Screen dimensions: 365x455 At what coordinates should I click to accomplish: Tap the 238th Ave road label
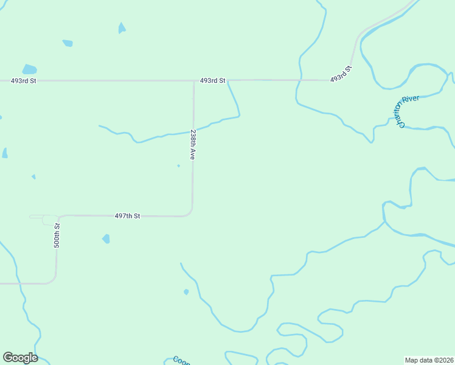point(193,144)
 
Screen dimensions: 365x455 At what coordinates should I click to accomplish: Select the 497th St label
point(128,216)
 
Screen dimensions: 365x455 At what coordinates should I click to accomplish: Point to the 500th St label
point(57,235)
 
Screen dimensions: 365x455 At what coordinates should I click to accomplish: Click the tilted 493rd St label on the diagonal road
point(341,74)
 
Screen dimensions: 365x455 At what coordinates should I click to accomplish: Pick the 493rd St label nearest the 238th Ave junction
point(213,80)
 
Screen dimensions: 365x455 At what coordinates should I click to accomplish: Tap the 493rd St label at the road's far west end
point(24,80)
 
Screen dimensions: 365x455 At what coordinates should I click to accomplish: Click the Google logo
point(20,358)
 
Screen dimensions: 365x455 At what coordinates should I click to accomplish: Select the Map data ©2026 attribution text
point(429,360)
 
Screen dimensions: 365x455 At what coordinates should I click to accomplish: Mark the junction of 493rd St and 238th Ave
point(194,80)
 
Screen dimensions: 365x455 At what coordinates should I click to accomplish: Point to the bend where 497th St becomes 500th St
point(58,217)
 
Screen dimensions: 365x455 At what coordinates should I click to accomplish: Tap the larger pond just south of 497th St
point(106,239)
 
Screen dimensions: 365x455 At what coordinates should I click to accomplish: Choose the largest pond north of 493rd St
point(29,69)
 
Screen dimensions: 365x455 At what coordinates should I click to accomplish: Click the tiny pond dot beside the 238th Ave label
point(178,165)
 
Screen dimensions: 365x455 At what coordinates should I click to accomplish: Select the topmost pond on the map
point(122,28)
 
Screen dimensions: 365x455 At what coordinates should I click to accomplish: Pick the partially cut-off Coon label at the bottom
point(181,361)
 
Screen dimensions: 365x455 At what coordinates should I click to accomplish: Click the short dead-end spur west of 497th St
point(36,216)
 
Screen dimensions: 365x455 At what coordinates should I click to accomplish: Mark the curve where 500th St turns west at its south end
point(53,280)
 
